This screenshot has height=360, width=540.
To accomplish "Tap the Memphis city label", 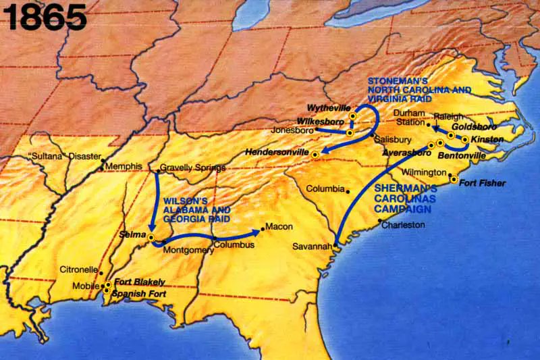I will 124,166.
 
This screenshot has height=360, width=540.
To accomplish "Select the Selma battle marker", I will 151,237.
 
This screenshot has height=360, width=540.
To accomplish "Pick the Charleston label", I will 403,224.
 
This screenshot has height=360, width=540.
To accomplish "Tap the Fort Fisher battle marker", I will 454,180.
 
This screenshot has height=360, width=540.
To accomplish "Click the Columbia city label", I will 325,188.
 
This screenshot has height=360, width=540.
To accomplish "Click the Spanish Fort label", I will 138,294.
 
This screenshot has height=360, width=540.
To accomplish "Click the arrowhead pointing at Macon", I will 257,231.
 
